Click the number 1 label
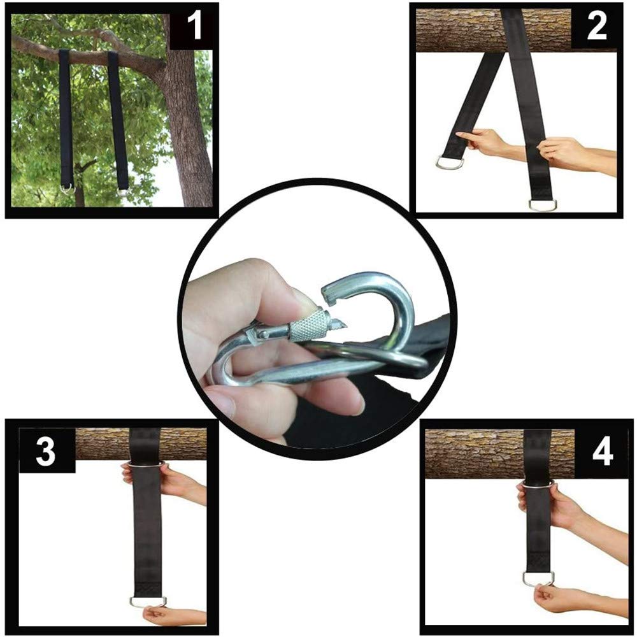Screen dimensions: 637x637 point(194,27)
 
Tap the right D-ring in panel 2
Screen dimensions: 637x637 point(542,205)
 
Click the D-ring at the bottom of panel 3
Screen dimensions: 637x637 point(148,601)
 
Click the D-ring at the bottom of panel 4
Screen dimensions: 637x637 point(538,578)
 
